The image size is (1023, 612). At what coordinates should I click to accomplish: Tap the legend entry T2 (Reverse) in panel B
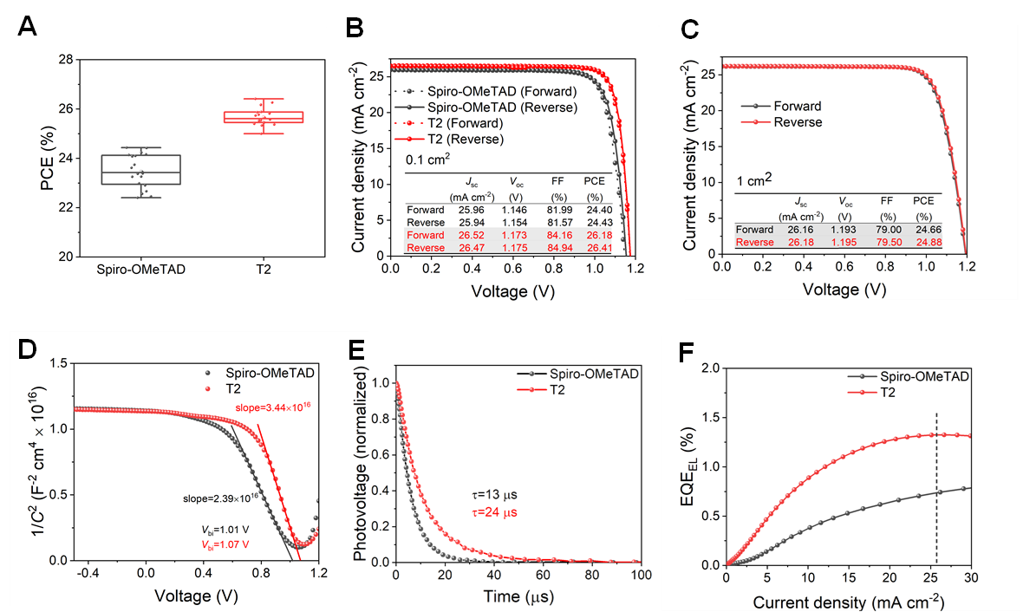click(464, 139)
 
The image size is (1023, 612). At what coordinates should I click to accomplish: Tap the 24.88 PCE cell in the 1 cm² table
click(924, 242)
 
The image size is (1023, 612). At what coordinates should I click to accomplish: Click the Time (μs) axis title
click(519, 596)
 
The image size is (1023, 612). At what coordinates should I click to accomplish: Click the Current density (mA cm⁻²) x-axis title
click(848, 601)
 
